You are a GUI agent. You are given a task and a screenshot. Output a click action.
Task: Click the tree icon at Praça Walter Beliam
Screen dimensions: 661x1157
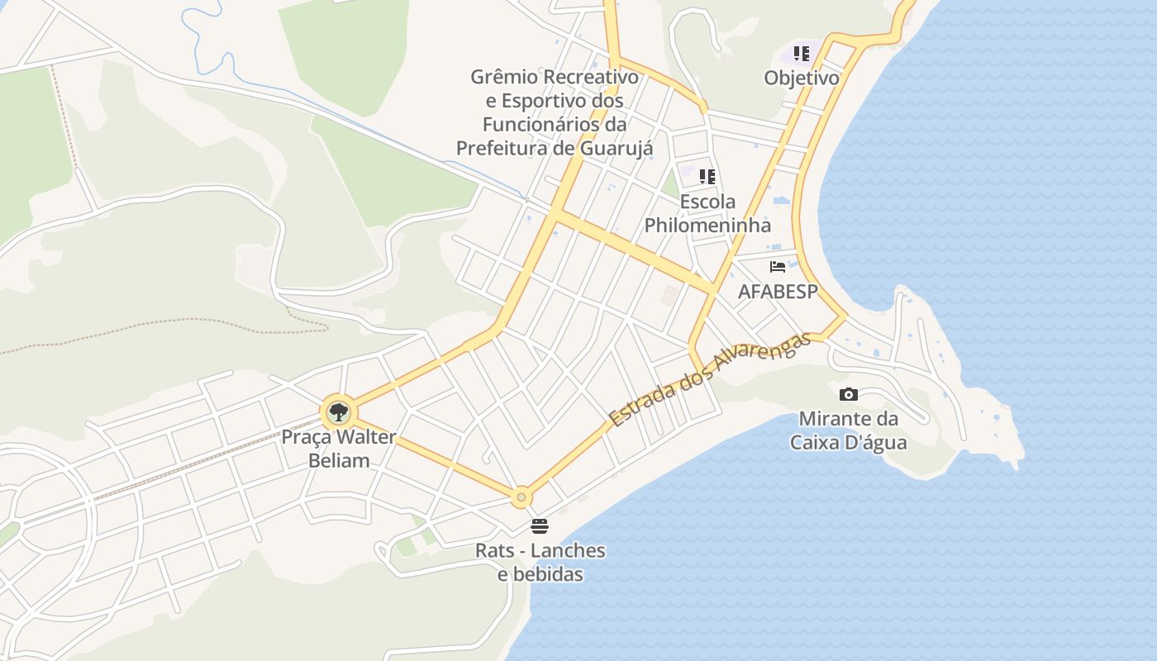pos(337,411)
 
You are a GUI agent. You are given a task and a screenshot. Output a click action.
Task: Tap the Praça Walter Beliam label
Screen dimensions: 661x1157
pos(339,449)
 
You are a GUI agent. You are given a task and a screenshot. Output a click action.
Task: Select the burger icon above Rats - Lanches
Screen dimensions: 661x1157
pos(540,526)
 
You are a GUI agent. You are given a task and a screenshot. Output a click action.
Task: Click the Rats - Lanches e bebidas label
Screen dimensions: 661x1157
pos(540,562)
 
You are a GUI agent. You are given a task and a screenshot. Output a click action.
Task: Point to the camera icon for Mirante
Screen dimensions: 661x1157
pos(848,395)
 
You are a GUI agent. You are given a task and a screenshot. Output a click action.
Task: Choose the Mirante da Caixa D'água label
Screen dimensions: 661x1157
pos(849,430)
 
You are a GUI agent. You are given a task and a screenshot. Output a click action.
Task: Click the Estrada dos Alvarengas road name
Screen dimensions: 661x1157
pos(709,379)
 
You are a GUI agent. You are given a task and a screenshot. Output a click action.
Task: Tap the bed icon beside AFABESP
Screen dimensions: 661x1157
pos(778,267)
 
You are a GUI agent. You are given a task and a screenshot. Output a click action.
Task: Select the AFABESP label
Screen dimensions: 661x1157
pos(778,292)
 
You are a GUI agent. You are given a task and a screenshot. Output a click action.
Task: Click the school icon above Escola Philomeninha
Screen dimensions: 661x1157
pos(707,176)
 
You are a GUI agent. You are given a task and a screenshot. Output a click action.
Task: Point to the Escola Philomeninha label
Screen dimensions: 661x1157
pos(707,213)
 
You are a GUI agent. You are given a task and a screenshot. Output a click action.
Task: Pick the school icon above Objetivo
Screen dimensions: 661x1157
pos(801,54)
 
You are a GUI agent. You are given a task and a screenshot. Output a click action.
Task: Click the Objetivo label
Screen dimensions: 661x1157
pos(802,78)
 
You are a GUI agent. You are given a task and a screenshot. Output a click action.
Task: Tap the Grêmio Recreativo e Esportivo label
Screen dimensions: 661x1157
pos(555,112)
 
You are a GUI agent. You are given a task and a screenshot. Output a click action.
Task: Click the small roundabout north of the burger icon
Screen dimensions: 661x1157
pos(521,497)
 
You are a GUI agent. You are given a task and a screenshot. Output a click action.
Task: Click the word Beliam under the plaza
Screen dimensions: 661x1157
pos(339,460)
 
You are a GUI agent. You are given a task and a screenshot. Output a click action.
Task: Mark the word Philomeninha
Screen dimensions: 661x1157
pos(707,225)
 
